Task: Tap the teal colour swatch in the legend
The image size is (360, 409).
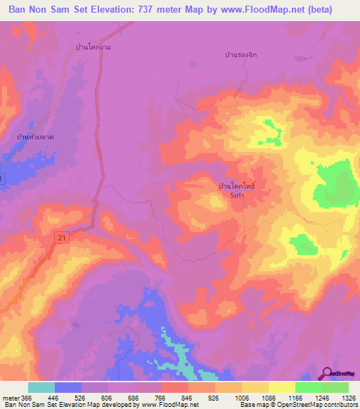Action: tap(41, 387)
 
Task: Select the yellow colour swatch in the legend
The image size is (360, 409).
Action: tap(281, 387)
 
